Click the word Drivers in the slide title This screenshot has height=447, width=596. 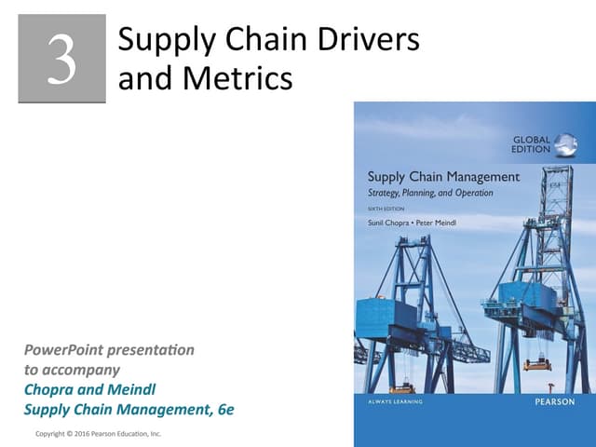coord(364,40)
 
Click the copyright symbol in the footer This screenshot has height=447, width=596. coord(77,434)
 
